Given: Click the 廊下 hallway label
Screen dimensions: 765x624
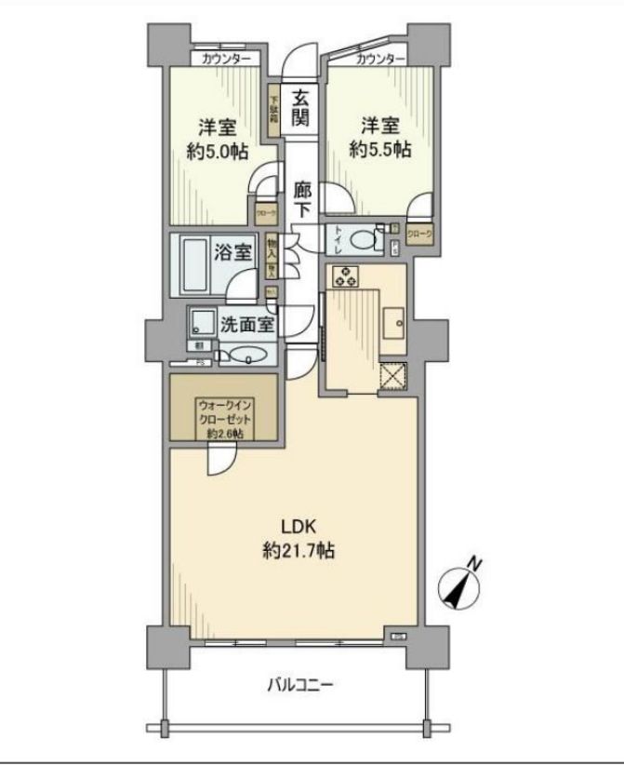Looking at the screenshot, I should click(301, 198).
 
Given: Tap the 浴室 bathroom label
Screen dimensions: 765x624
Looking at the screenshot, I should click(231, 251).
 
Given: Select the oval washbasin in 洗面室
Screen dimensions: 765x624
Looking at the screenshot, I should click(246, 353).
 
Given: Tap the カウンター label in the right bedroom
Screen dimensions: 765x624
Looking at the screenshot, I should click(380, 60).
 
